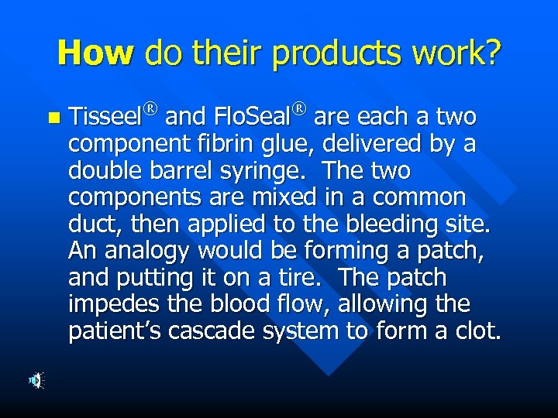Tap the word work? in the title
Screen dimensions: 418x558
click(460, 53)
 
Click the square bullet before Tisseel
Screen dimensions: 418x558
click(53, 118)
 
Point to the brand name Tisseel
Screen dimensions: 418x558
click(105, 118)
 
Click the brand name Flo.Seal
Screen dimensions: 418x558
click(250, 118)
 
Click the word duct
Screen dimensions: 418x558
click(89, 224)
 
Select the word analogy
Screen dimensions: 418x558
click(146, 252)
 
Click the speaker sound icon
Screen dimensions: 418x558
click(36, 380)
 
